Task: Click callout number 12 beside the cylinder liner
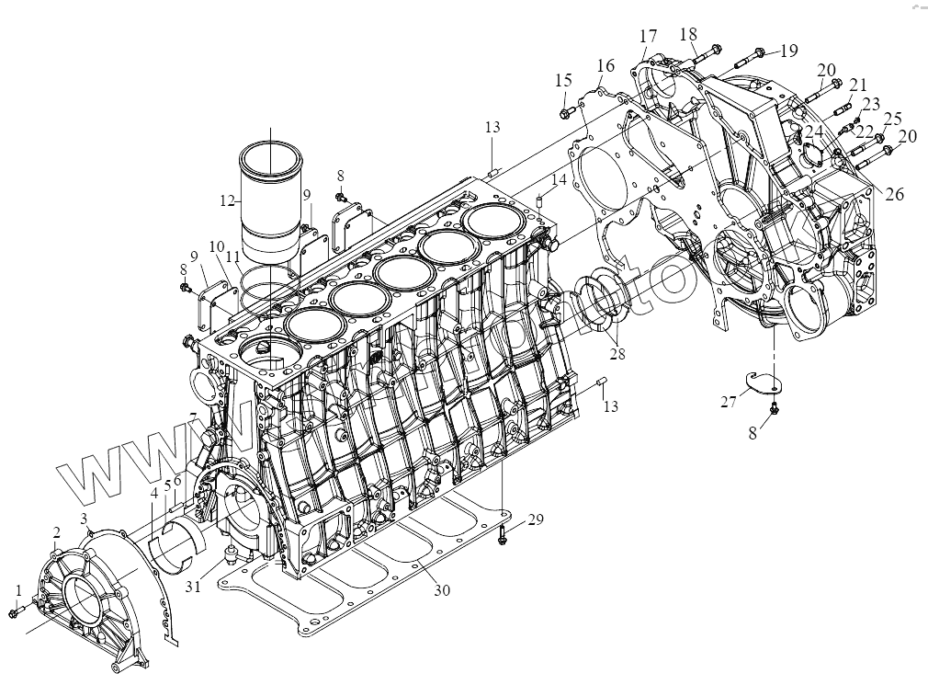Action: click(227, 199)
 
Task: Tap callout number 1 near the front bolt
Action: click(17, 589)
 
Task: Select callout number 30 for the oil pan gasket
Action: click(442, 590)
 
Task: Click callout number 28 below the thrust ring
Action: click(617, 354)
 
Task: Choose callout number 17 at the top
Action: click(649, 37)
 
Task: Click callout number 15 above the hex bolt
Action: click(563, 81)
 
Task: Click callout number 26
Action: click(894, 193)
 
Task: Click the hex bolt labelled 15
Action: click(564, 112)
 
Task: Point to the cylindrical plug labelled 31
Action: click(231, 553)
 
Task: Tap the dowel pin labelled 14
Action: click(540, 200)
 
